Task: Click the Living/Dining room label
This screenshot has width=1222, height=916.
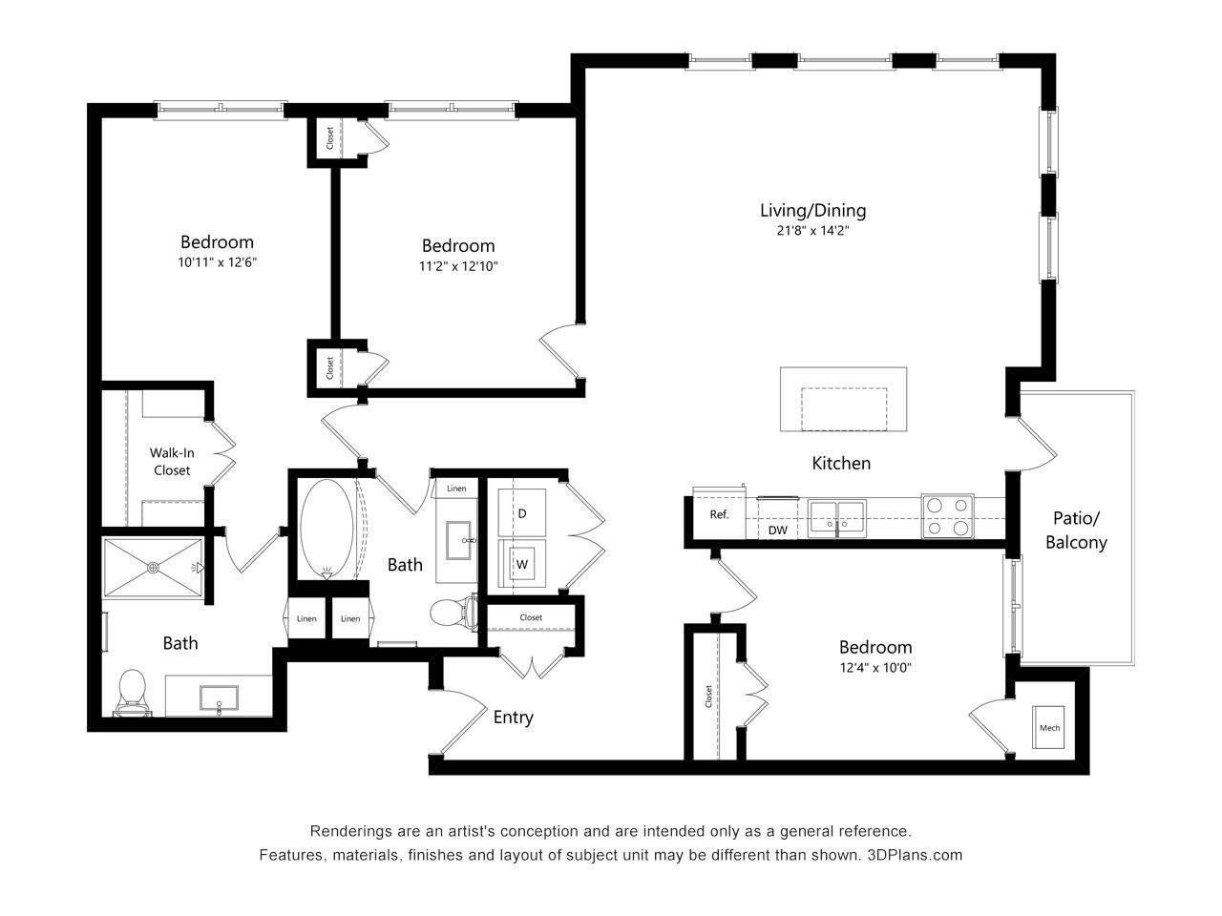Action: click(x=812, y=211)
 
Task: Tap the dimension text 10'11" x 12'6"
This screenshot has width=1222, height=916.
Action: click(x=217, y=261)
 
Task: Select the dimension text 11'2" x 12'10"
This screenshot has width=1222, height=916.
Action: click(x=458, y=266)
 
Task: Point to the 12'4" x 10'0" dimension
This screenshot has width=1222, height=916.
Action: click(x=875, y=668)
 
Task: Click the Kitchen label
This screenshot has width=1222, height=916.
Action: click(x=841, y=463)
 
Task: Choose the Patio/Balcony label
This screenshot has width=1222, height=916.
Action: click(x=1076, y=531)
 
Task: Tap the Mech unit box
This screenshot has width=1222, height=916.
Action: click(x=1049, y=728)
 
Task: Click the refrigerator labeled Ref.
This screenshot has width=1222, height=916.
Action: click(x=719, y=514)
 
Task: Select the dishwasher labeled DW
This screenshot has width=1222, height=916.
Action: click(x=778, y=530)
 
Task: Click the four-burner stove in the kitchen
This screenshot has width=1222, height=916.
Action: click(x=947, y=516)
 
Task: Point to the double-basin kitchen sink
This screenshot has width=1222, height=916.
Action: click(x=837, y=517)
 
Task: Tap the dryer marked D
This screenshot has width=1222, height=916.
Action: click(x=521, y=513)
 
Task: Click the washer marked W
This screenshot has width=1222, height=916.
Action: click(x=521, y=564)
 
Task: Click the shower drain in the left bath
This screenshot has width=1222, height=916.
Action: click(x=153, y=567)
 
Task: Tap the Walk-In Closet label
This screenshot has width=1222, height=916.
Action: click(x=171, y=462)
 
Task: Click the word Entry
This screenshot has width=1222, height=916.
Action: click(x=513, y=718)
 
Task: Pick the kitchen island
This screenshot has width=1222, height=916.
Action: click(x=843, y=399)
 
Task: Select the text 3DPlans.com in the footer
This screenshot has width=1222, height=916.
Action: click(x=914, y=855)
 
